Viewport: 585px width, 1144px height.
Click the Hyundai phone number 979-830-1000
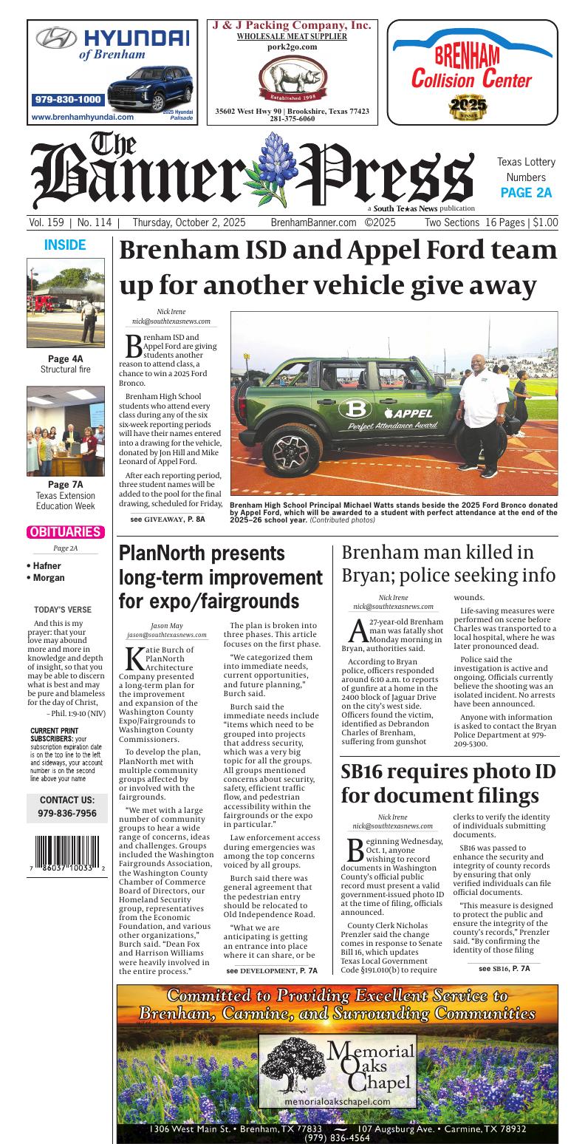68,100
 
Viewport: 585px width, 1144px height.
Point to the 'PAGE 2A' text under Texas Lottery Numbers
526,194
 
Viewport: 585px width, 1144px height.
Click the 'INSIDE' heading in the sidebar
65,245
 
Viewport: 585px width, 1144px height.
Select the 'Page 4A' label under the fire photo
65,359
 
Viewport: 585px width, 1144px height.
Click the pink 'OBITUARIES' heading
65,532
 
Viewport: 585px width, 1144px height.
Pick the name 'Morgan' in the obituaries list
49,578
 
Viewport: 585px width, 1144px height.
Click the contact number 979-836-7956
67,813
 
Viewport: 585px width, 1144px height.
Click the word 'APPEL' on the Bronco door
424,412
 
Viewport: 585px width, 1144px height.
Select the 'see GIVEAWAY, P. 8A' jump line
168,520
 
